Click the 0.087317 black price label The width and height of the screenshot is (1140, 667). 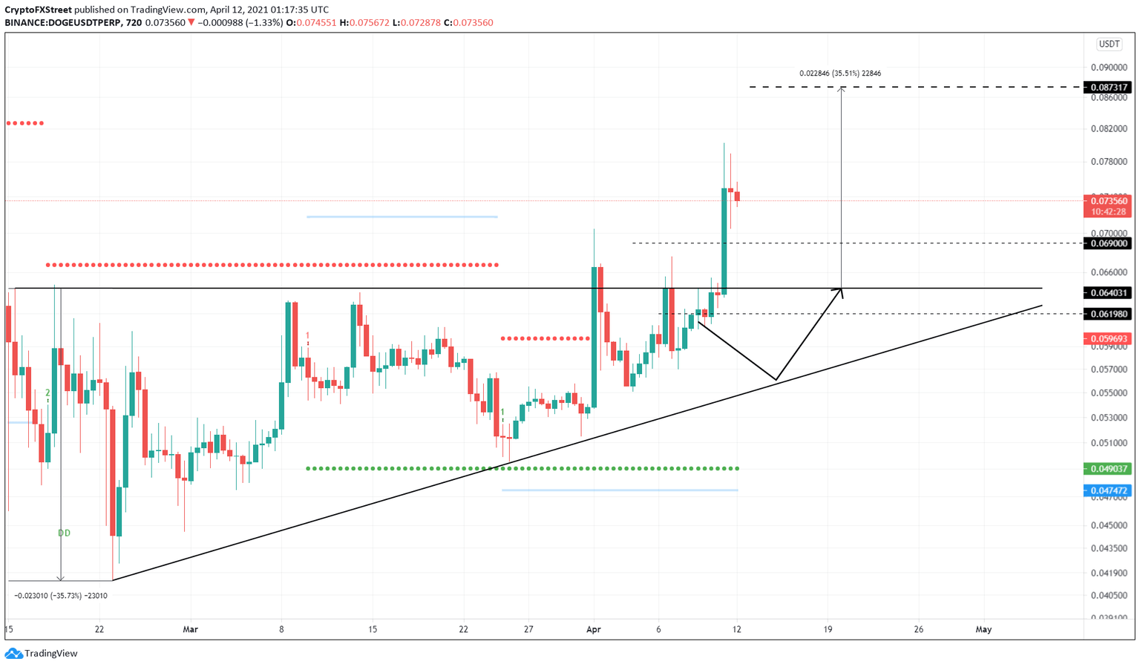pos(1109,88)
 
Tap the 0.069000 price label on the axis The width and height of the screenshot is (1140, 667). pos(1109,243)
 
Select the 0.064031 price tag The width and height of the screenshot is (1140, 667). pos(1109,293)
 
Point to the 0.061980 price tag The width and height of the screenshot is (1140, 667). pos(1109,314)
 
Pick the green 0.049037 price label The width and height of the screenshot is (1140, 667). pos(1109,469)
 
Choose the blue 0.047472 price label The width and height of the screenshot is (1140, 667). pos(1109,490)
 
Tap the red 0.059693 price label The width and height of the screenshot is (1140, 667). pos(1109,338)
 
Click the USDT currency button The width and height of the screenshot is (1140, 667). pos(1109,45)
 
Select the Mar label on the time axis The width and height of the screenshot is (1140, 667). pos(191,629)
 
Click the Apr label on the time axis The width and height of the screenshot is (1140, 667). pos(593,629)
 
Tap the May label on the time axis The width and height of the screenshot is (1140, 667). pos(983,629)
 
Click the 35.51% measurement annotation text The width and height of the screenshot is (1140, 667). pos(840,73)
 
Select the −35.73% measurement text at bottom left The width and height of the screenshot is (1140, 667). pos(61,595)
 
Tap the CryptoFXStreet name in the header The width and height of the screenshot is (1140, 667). pos(38,10)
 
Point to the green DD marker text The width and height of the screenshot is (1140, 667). pos(65,533)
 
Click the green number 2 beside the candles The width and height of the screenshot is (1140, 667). pos(47,392)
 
